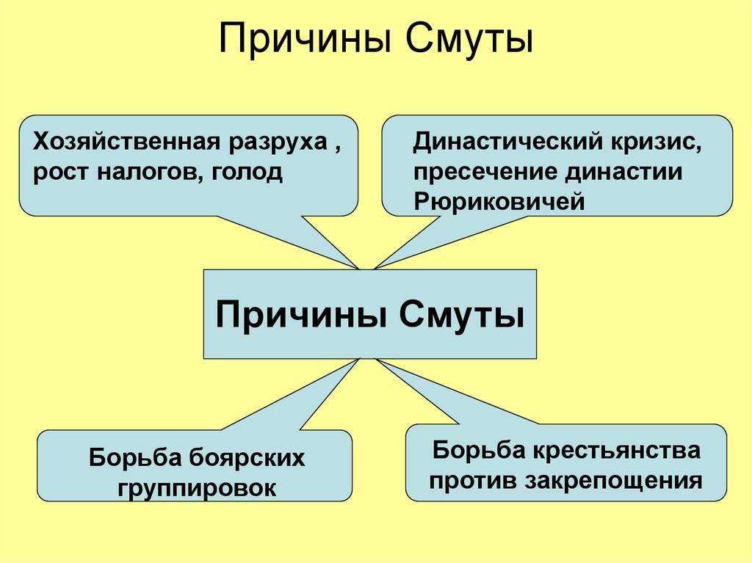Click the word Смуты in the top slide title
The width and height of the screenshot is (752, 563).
(x=466, y=40)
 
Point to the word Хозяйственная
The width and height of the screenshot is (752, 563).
(x=122, y=142)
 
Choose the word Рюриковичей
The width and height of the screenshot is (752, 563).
(x=499, y=202)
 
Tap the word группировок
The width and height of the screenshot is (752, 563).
(x=195, y=487)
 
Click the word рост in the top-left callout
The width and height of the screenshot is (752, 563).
(x=59, y=174)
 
